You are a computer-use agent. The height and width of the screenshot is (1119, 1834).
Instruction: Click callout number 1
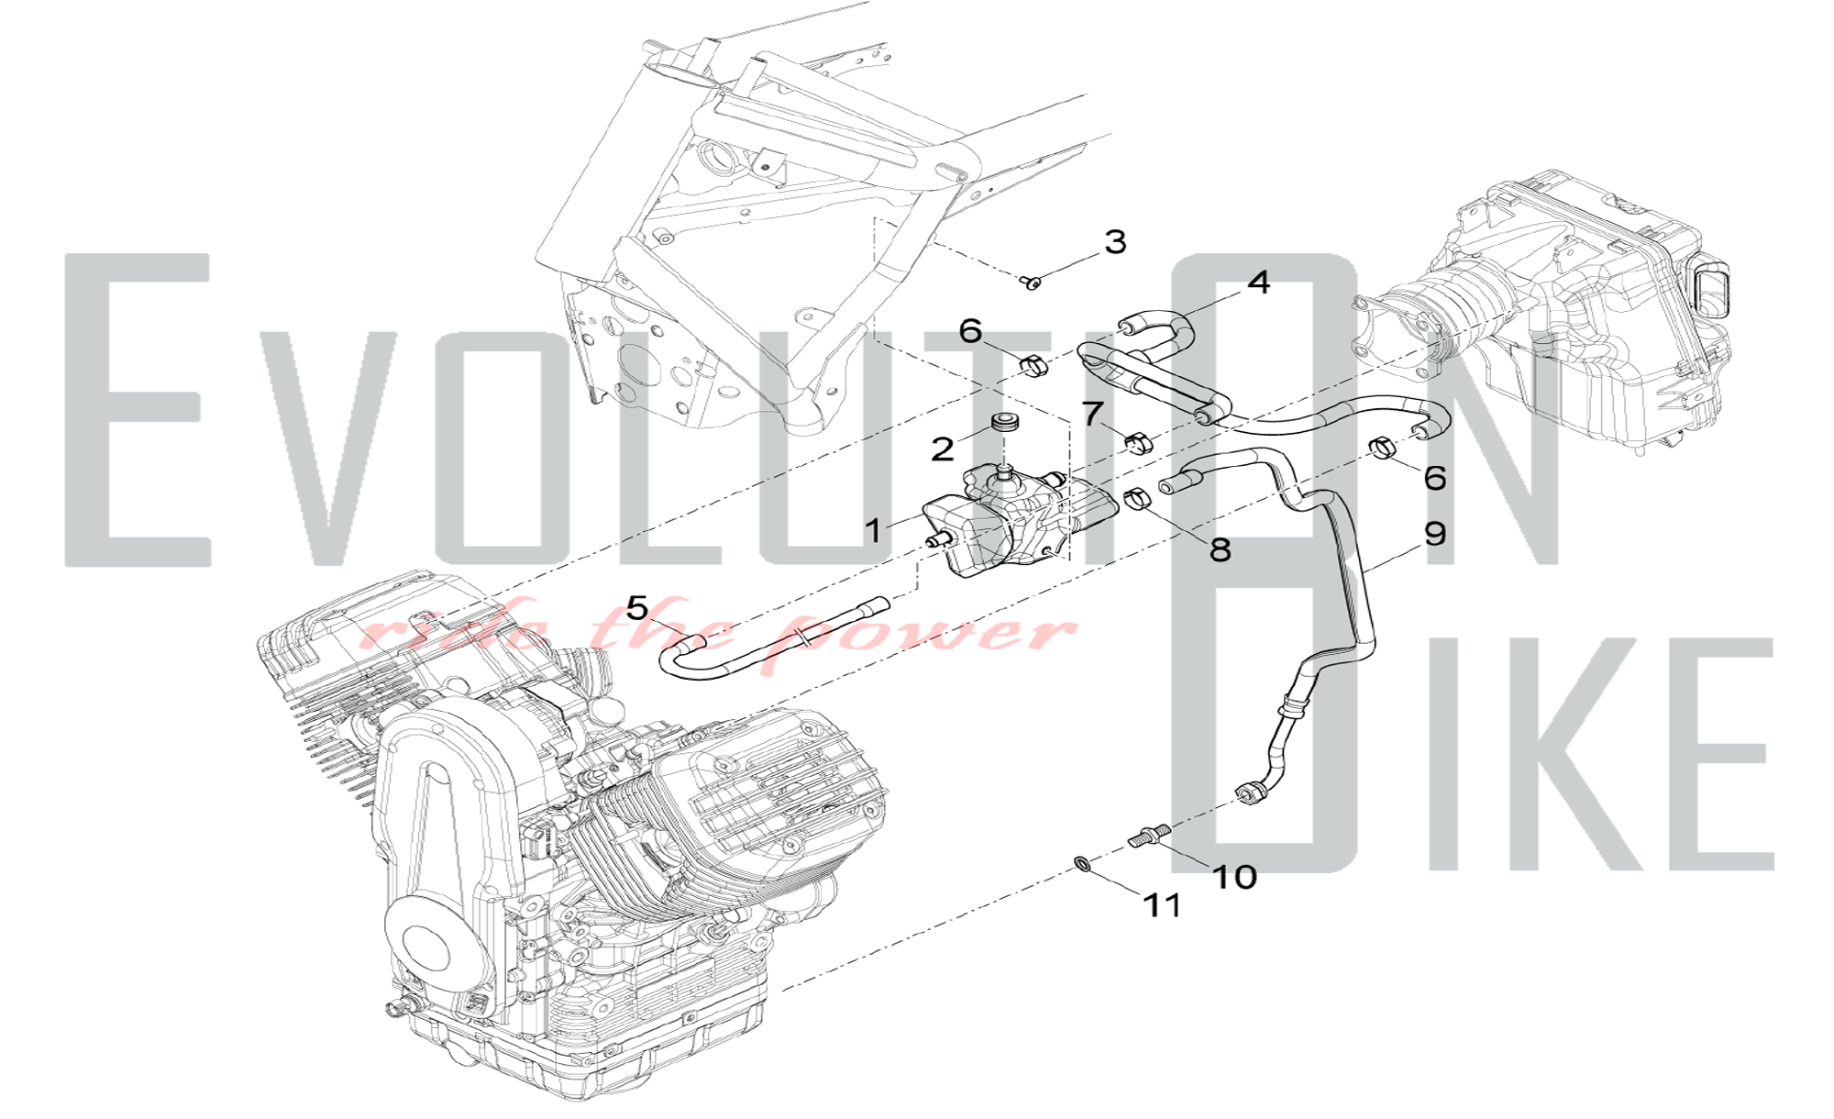[x=873, y=530]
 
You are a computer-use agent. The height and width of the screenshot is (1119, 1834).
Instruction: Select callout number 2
[x=943, y=449]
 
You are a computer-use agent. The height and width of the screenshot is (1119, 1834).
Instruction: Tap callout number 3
[x=1114, y=242]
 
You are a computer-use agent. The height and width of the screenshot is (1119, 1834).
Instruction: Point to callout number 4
[x=1259, y=283]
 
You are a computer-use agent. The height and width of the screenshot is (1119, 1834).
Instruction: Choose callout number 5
[x=637, y=607]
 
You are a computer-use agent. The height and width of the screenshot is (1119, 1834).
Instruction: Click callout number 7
[x=1091, y=414]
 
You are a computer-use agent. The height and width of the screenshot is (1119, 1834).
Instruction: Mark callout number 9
[x=1435, y=534]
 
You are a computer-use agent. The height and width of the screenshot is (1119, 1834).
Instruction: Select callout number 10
[x=1234, y=877]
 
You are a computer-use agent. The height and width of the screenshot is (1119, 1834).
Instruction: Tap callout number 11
[x=1162, y=906]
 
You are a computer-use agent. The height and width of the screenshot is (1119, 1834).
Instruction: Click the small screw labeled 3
[x=1033, y=283]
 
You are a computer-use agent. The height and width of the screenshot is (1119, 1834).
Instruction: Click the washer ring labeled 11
[x=1083, y=863]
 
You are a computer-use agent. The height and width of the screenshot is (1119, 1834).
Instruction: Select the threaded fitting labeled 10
[x=1149, y=837]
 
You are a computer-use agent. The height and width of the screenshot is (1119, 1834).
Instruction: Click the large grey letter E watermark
[x=138, y=409]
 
